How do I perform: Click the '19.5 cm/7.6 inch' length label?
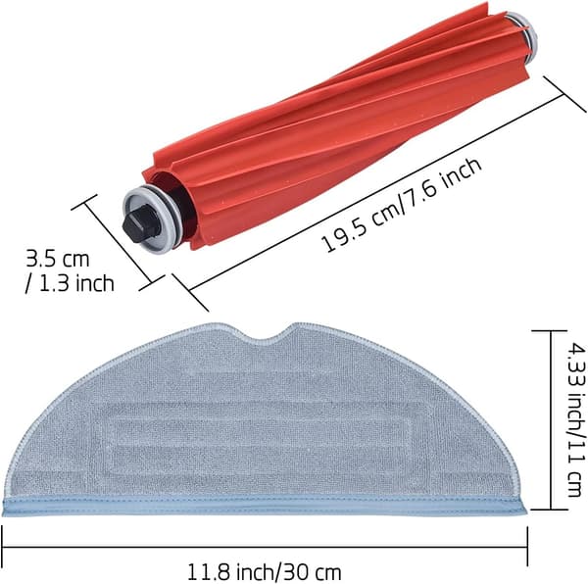click(402, 205)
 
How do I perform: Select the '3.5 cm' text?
click(58, 259)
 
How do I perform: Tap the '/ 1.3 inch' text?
click(70, 282)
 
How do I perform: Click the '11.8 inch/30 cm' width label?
click(265, 572)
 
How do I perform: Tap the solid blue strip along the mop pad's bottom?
click(265, 507)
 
